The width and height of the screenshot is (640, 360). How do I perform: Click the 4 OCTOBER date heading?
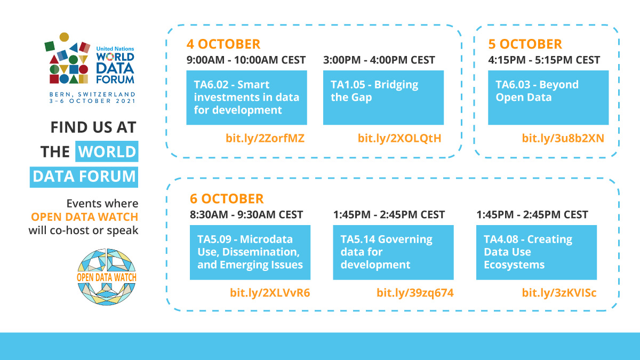223,44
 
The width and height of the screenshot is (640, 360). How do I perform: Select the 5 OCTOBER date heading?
525,44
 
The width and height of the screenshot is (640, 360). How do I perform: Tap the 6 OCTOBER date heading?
227,199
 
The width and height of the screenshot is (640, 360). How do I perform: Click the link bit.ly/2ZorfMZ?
266,139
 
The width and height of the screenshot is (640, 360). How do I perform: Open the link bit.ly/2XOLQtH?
399,139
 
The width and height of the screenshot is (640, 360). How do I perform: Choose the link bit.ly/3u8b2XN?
563,139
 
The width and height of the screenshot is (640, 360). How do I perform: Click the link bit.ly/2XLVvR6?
270,293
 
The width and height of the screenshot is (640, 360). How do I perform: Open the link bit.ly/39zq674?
415,293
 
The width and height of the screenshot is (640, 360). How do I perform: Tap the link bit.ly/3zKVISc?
559,293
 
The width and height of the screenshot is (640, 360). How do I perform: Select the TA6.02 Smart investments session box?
246,98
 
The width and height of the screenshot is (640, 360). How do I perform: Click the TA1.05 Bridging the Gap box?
383,98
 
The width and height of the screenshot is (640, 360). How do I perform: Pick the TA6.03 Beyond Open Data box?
548,98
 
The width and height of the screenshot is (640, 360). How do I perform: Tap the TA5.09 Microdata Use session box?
250,252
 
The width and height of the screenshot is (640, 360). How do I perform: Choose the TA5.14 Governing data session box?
393,252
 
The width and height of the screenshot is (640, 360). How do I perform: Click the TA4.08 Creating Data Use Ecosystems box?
536,252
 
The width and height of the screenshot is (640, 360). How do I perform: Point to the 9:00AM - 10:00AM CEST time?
246,60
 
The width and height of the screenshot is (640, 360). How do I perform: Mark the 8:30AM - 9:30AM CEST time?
246,215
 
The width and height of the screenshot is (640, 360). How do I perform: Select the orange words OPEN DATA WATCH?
84,217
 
